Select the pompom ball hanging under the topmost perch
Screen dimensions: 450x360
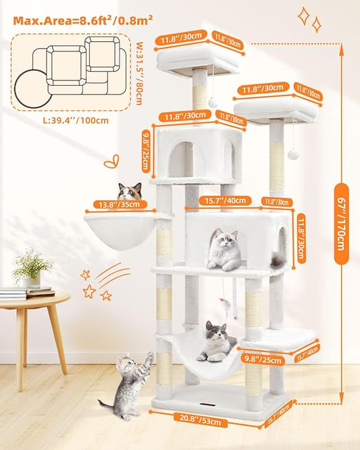(213, 101)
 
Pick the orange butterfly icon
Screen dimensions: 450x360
(111, 162)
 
